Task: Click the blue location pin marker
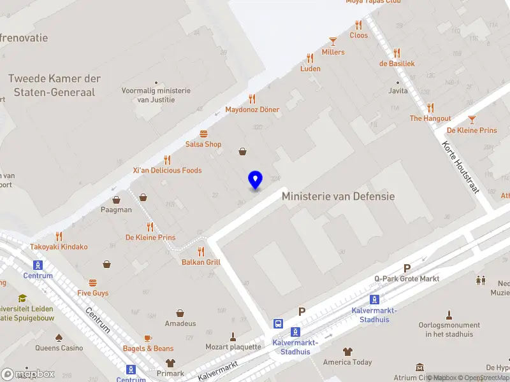pos(255,180)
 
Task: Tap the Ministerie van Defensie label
pos(338,196)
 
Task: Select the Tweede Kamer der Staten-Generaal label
pos(54,85)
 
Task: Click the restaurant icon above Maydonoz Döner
pos(252,99)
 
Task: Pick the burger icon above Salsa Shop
pos(203,134)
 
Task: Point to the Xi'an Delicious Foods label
pos(167,170)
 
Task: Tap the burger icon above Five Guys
pos(93,282)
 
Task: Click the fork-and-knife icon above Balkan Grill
pos(201,251)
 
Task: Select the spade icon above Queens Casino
pos(59,337)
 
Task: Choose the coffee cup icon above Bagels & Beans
pos(148,337)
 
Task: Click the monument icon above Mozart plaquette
pos(233,336)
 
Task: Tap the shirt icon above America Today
pos(347,351)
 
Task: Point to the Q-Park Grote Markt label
pos(407,278)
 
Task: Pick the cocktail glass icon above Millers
pos(333,41)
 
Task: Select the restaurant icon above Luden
pos(310,57)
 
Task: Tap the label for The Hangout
pos(430,118)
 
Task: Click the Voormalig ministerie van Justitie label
pos(156,95)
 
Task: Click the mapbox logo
pos(28,374)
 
